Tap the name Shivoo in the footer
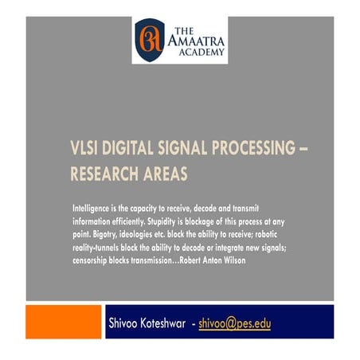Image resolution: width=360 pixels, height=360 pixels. point(126,324)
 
